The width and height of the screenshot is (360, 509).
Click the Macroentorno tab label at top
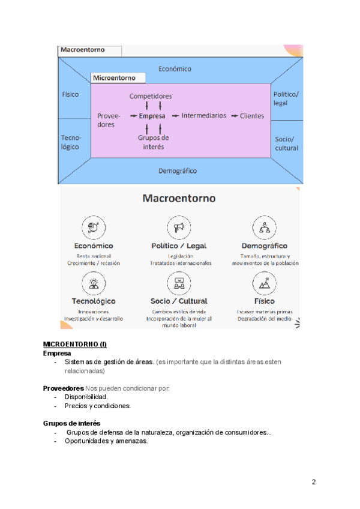point(83,50)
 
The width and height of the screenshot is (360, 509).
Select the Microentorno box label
point(114,78)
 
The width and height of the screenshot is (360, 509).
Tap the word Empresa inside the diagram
point(152,116)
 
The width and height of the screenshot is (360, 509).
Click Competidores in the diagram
point(151,96)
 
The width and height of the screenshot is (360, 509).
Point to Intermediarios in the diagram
point(204,115)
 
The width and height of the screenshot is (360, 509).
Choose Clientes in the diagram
point(252,116)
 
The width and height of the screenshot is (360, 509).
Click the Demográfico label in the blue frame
point(178,170)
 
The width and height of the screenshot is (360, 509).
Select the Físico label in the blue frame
point(70,94)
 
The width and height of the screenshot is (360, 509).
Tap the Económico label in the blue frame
point(175,68)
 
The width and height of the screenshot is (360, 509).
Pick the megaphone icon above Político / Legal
point(178,227)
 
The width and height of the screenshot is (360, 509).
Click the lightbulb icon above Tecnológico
point(94,282)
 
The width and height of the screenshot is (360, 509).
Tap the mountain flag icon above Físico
point(264,282)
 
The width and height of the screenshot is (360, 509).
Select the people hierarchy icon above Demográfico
point(264,227)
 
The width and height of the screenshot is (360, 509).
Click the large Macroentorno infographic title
point(179,198)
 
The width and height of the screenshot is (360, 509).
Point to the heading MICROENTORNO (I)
point(74,344)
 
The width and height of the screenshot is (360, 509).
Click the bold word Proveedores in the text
point(62,388)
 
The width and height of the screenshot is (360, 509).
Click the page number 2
point(314,482)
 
